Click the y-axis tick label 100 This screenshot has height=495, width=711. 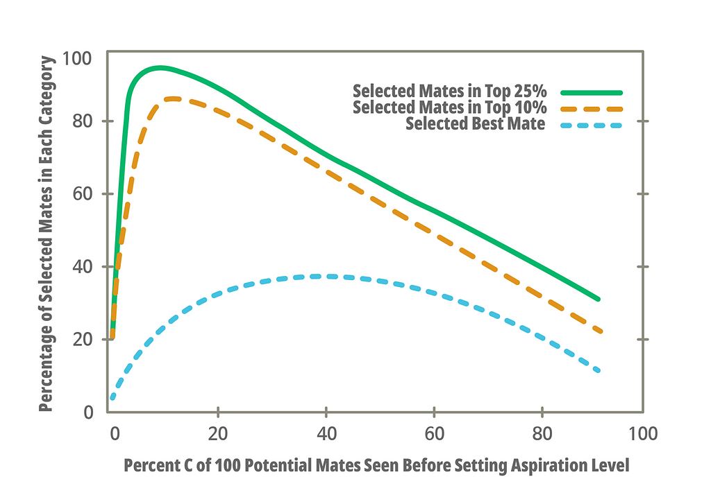pyautogui.click(x=78, y=59)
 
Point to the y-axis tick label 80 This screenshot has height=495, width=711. pyautogui.click(x=83, y=121)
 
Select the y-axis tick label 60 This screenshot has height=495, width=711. pyautogui.click(x=83, y=194)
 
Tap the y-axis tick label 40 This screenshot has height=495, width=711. pyautogui.click(x=83, y=267)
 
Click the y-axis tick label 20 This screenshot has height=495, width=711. pyautogui.click(x=83, y=340)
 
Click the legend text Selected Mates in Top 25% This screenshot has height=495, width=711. pyautogui.click(x=450, y=92)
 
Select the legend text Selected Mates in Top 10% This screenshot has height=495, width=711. pyautogui.click(x=450, y=108)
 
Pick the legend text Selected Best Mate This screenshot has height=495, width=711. pyautogui.click(x=476, y=125)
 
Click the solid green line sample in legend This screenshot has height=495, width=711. pyautogui.click(x=591, y=92)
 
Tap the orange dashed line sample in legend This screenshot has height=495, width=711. pyautogui.click(x=591, y=109)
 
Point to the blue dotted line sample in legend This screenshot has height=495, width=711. pyautogui.click(x=591, y=125)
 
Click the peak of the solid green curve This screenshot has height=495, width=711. pyautogui.click(x=160, y=68)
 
